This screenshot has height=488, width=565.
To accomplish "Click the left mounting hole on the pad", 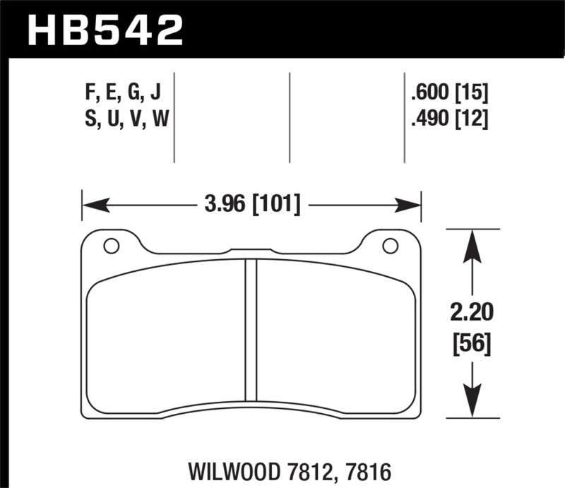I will pyautogui.click(x=111, y=246).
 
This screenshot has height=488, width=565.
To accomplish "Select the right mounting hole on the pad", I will pyautogui.click(x=390, y=246).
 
